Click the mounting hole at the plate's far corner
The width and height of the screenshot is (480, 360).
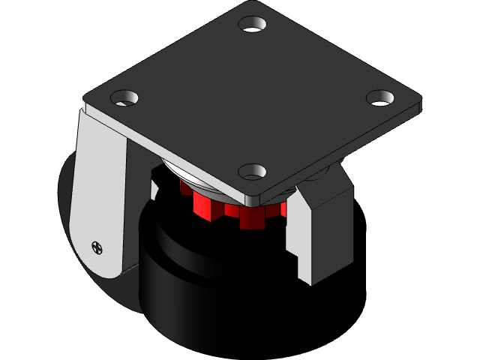pos(253,24)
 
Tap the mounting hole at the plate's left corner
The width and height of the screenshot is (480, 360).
pos(125,97)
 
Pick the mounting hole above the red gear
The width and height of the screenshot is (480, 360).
pos(253,172)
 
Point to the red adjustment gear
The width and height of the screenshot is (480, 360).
pos(232,209)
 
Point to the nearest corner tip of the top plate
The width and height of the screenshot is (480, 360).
pos(253,203)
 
